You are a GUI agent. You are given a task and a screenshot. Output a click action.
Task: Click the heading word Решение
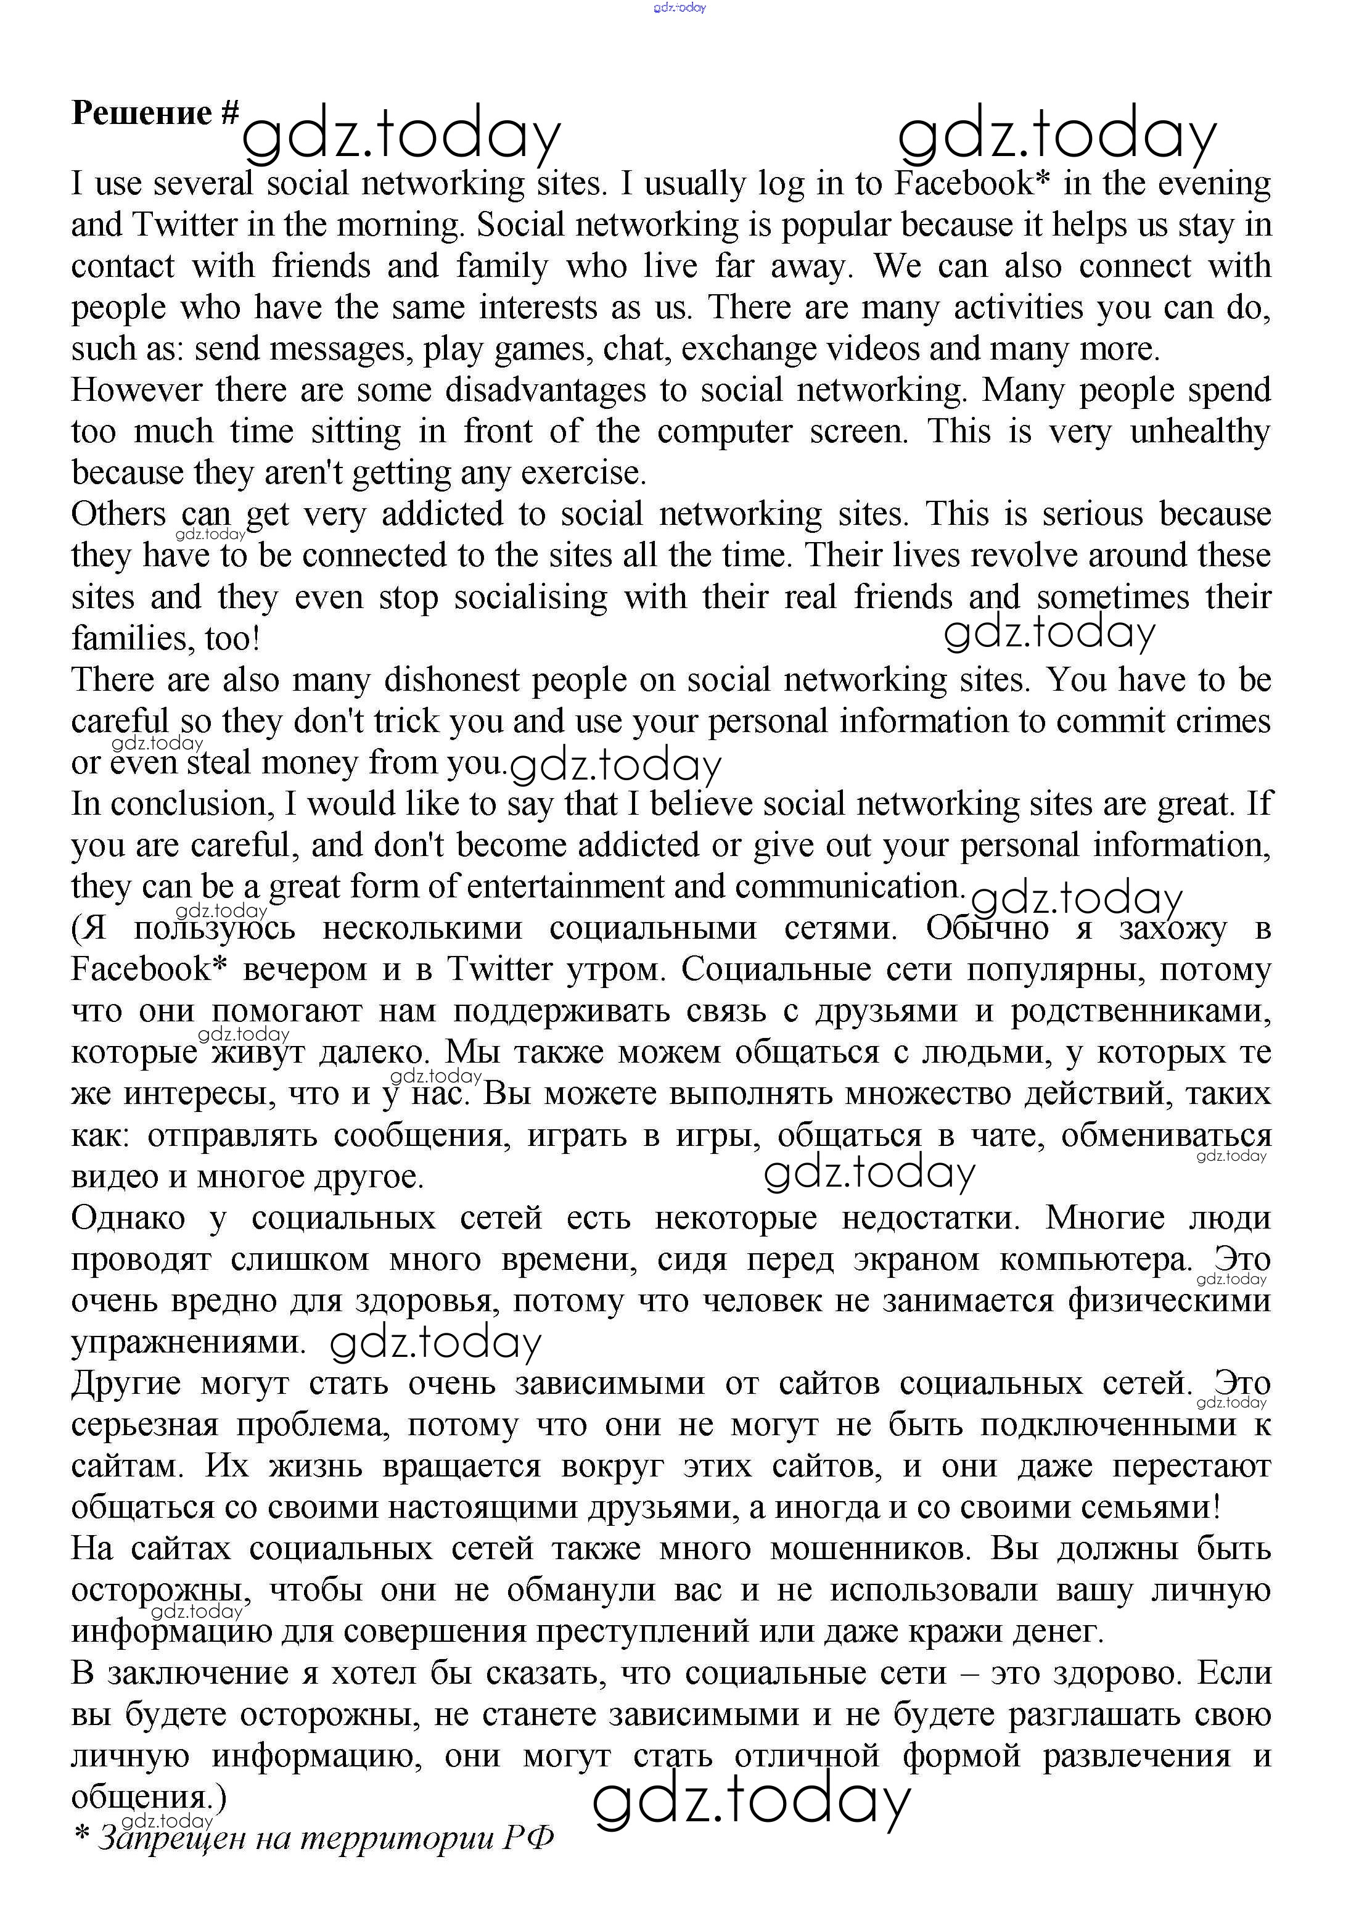pyautogui.click(x=142, y=113)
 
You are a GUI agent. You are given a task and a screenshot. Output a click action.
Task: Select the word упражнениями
pyautogui.click(x=187, y=1343)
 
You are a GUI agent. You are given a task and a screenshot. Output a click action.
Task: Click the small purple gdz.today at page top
pyautogui.click(x=679, y=7)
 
